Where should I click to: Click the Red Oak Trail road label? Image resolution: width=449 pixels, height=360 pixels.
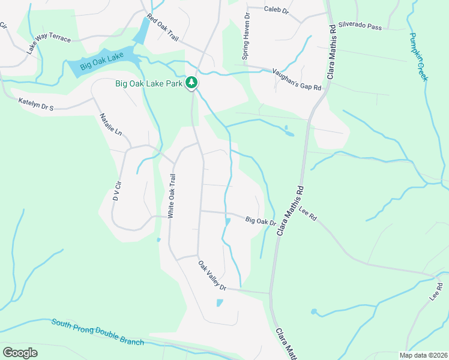pyautogui.click(x=163, y=30)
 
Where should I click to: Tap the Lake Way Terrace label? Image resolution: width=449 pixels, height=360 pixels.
pyautogui.click(x=49, y=44)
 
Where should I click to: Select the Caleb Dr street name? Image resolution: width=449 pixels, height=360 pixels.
pyautogui.click(x=277, y=10)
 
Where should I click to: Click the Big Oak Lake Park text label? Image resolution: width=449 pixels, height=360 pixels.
pyautogui.click(x=149, y=83)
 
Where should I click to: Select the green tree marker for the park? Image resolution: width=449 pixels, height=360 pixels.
pyautogui.click(x=191, y=82)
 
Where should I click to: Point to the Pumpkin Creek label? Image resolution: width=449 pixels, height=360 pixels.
pyautogui.click(x=418, y=57)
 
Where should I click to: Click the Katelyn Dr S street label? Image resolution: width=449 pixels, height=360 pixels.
pyautogui.click(x=36, y=104)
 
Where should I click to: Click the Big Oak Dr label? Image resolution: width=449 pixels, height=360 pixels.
pyautogui.click(x=261, y=221)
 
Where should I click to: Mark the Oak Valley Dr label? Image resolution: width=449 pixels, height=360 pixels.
pyautogui.click(x=212, y=275)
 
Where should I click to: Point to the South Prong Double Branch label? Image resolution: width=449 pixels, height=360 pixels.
pyautogui.click(x=98, y=331)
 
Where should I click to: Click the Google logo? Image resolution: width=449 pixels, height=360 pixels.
pyautogui.click(x=20, y=353)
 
